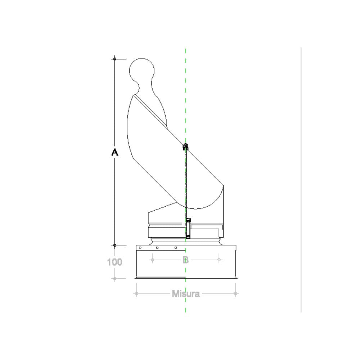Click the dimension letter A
114,153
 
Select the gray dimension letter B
185,260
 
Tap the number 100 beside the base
114,262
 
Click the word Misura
185,294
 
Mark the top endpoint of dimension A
114,58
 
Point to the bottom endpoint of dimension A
114,245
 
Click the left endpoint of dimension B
152,260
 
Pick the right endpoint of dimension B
219,260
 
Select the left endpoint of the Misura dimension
136,294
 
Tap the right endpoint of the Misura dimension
235,294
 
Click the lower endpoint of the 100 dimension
114,278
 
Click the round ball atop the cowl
142,70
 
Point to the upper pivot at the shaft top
186,147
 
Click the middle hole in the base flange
157,248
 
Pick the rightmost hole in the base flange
176,248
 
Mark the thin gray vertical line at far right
301,180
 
